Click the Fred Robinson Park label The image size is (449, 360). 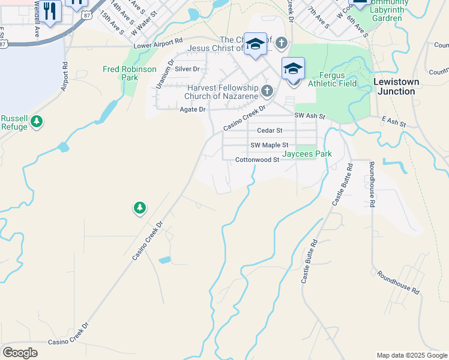[x=129, y=73]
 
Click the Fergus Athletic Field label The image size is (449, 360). [x=332, y=79]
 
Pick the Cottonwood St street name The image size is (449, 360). [x=257, y=160]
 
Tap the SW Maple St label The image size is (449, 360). [x=269, y=145]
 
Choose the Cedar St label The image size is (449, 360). [x=269, y=130]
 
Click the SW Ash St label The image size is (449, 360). [x=309, y=116]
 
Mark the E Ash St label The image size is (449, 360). [x=394, y=122]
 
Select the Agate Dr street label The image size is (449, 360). [x=192, y=109]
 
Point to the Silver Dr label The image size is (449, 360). [x=187, y=69]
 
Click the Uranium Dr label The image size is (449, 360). [x=164, y=74]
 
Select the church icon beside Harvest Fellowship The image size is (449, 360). [x=267, y=92]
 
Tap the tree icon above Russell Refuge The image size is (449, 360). [x=37, y=121]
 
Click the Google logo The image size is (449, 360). [x=20, y=353]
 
